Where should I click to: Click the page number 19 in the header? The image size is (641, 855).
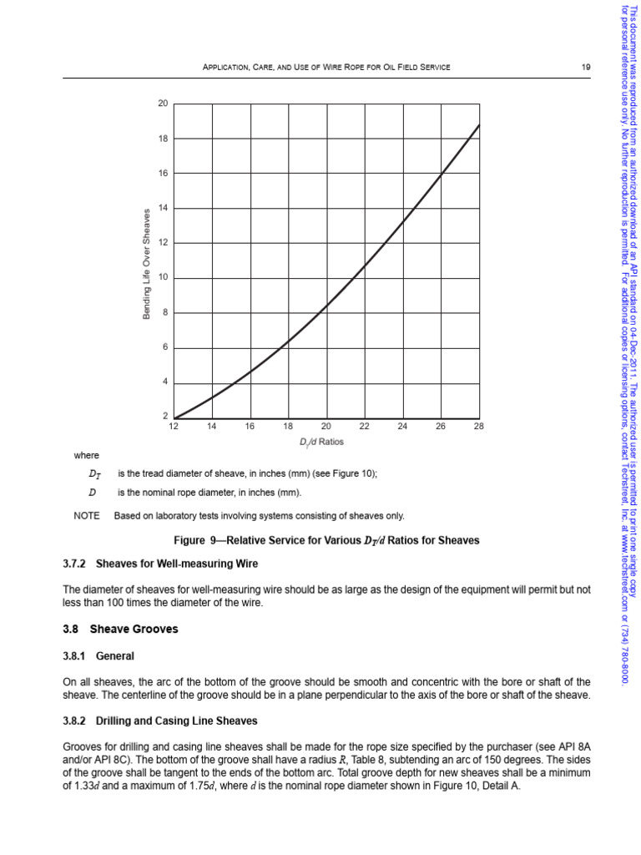click(587, 66)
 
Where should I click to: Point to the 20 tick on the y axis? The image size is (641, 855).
click(163, 104)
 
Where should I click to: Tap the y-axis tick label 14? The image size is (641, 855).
click(163, 208)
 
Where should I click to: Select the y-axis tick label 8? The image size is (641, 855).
click(164, 312)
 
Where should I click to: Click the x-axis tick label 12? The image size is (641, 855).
click(174, 427)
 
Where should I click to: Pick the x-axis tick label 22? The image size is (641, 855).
click(364, 427)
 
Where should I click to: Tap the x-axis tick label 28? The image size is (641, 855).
click(478, 427)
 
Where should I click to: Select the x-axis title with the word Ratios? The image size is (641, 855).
click(321, 441)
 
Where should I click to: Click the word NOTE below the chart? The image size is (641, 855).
click(86, 516)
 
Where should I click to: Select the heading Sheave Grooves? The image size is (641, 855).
click(134, 629)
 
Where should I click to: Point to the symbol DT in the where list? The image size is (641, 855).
click(93, 474)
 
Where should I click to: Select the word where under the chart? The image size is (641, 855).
click(86, 455)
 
